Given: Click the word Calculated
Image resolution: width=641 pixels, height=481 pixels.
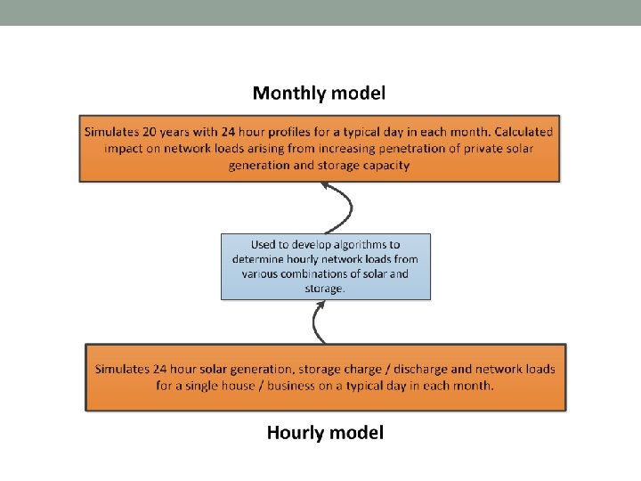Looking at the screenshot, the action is pos(519,131).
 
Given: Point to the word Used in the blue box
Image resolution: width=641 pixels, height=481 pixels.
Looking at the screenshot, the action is pos(264,244).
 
